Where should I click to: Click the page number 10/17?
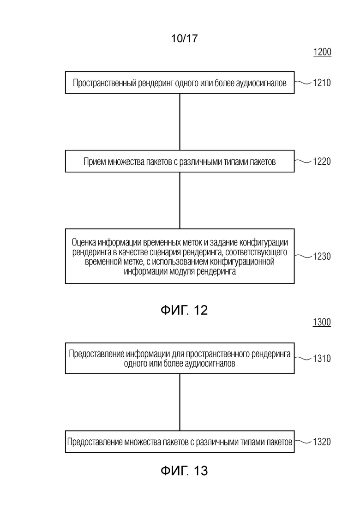[x=184, y=39]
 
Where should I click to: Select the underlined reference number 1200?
[x=322, y=52]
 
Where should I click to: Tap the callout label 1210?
[x=322, y=83]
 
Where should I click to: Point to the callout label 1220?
[x=322, y=162]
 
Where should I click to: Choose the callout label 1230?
[x=322, y=257]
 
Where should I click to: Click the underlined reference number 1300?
[x=322, y=322]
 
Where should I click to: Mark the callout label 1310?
[x=322, y=358]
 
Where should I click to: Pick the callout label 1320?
[x=322, y=442]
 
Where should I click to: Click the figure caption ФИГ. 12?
[x=184, y=310]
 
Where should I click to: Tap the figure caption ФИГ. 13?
[x=184, y=471]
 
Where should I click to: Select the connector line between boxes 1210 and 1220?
[x=180, y=122]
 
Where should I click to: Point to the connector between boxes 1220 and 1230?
[x=180, y=200]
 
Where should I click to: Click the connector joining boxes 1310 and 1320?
[x=180, y=402]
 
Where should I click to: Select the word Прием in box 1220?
[x=94, y=162]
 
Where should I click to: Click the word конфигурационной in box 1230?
[x=241, y=262]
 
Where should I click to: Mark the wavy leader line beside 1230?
[x=303, y=256]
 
